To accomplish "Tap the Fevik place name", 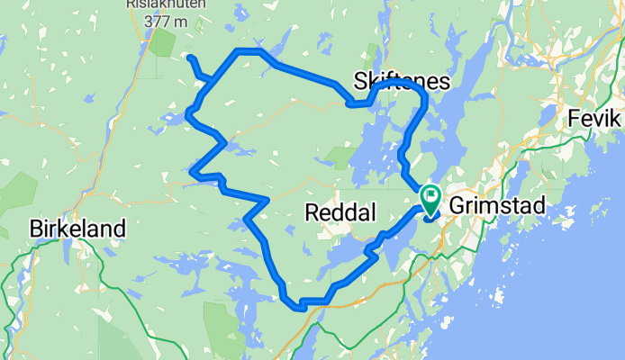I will click(x=594, y=119).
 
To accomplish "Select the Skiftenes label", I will click(x=402, y=82).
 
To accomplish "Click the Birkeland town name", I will click(x=77, y=229).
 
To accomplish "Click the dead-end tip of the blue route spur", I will click(x=191, y=58).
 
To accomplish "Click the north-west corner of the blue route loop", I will click(x=237, y=51).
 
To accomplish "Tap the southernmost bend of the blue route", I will click(x=300, y=306).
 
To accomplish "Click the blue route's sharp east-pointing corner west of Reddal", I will click(x=267, y=199).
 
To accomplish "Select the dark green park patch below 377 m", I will click(x=164, y=43).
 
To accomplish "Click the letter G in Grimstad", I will click(x=457, y=206).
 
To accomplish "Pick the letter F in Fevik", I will click(x=575, y=119).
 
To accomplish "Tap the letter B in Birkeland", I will click(x=36, y=229).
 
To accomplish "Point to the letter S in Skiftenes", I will click(x=362, y=82).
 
